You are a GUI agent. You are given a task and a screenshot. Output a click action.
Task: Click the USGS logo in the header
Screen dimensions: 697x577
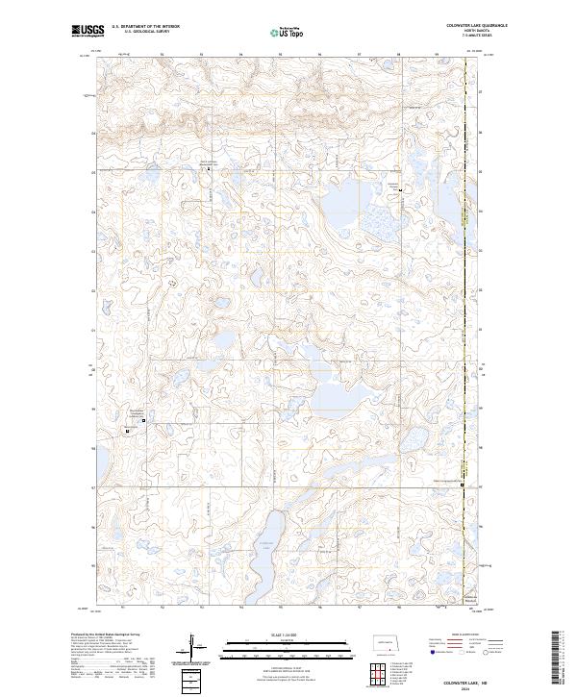[x=87, y=31]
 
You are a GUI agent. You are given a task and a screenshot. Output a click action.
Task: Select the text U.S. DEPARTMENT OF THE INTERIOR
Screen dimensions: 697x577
[x=146, y=26]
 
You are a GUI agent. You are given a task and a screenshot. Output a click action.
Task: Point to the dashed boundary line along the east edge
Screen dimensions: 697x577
[x=464, y=288]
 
